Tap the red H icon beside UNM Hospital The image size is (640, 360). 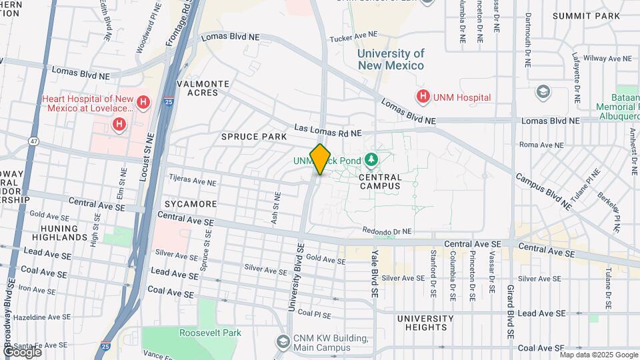[x=422, y=97]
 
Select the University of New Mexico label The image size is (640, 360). [x=391, y=59]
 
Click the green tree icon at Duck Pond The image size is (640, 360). [x=371, y=160]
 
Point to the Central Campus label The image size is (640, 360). [x=381, y=182]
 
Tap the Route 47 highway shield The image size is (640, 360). [x=33, y=141]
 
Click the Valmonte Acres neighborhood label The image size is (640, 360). [x=203, y=88]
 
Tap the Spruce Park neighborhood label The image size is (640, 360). [x=254, y=137]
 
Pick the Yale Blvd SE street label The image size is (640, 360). [x=375, y=273]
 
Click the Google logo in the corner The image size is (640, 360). [x=21, y=351]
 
